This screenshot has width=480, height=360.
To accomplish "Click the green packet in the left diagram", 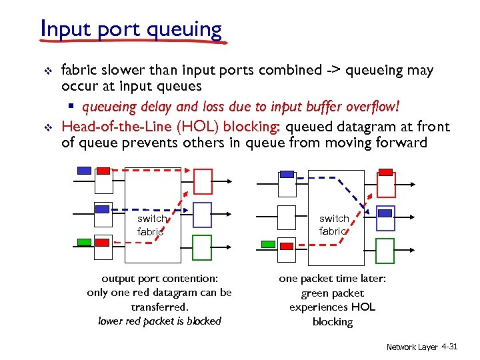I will pyautogui.click(x=85, y=241).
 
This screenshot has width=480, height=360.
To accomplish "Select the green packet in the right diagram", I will pyautogui.click(x=268, y=245).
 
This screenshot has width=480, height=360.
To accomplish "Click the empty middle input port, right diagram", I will pyautogui.click(x=287, y=217).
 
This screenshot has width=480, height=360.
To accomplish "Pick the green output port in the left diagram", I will pyautogui.click(x=202, y=247).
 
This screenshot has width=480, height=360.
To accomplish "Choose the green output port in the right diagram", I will pyautogui.click(x=385, y=250).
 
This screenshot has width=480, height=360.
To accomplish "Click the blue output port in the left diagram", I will pyautogui.click(x=202, y=215).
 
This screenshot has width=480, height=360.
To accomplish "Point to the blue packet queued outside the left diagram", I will pyautogui.click(x=85, y=170).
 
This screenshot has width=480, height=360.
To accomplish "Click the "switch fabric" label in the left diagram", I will pyautogui.click(x=152, y=225).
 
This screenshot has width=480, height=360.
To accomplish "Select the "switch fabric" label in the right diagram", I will pyautogui.click(x=334, y=225).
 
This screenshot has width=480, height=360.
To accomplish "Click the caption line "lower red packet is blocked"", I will pyautogui.click(x=159, y=321).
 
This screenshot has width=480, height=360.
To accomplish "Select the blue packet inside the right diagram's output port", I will pyautogui.click(x=385, y=212).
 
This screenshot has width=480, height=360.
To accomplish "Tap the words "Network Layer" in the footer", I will pyautogui.click(x=411, y=347).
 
